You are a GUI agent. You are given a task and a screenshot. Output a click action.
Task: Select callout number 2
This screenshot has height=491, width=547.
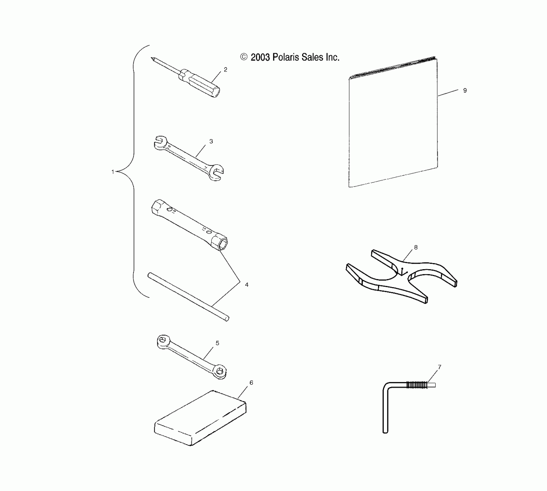click(x=226, y=70)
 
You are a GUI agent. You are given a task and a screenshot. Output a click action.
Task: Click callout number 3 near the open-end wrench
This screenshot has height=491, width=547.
click(x=211, y=141)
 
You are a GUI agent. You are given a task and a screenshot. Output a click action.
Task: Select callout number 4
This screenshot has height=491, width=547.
click(x=247, y=285)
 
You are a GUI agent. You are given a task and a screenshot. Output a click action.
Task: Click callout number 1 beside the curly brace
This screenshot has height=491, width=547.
click(x=113, y=172)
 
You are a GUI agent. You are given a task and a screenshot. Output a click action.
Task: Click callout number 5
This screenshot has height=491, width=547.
click(x=217, y=343)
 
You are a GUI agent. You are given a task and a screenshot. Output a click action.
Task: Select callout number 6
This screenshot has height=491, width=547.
click(x=251, y=383)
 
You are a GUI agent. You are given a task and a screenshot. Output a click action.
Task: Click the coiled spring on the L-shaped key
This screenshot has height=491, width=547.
click(x=416, y=385)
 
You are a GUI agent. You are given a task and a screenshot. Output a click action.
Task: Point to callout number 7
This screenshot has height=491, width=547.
click(x=440, y=367)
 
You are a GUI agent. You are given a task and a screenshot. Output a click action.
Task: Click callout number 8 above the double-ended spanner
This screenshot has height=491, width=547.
click(x=416, y=247)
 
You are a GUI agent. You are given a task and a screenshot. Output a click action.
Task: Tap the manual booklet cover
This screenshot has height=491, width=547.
click(x=393, y=124)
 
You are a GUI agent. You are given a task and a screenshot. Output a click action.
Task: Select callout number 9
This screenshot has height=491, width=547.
click(x=465, y=90)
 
